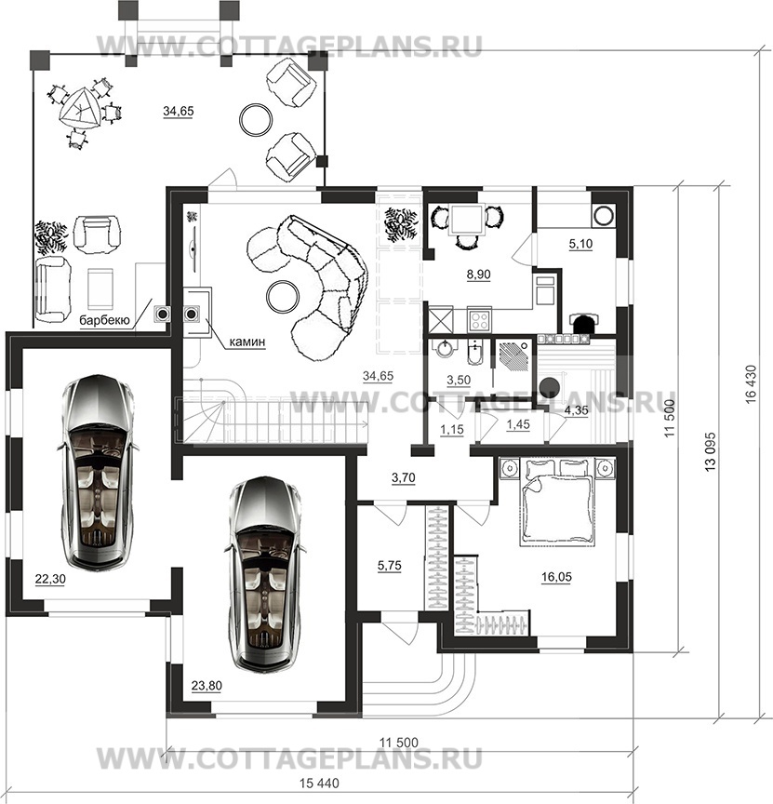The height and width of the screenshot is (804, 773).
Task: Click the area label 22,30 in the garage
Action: (50, 580)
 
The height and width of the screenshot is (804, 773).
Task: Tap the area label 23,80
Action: (207, 686)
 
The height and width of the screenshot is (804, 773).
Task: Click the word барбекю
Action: (104, 321)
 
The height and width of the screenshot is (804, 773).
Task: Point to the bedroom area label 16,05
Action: (556, 577)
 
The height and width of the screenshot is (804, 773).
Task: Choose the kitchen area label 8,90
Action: (478, 275)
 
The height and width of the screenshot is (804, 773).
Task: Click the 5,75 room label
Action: (390, 566)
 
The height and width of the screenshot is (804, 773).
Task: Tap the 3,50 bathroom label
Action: (459, 380)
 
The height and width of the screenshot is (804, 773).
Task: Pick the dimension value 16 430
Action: (751, 384)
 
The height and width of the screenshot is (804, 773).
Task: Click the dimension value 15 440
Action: (319, 784)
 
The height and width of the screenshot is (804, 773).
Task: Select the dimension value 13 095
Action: (711, 452)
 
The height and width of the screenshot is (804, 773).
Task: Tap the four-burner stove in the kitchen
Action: (480, 320)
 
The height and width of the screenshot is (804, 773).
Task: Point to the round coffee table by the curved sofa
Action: (283, 296)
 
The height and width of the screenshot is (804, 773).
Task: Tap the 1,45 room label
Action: (518, 424)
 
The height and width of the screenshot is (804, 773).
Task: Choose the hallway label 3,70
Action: (404, 478)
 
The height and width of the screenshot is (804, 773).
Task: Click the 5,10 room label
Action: (580, 244)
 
